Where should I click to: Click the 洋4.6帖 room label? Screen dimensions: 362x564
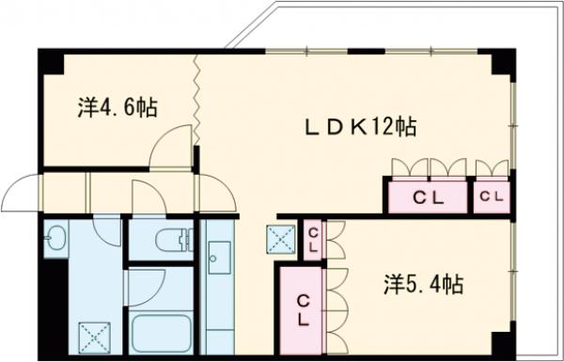coord(117,107)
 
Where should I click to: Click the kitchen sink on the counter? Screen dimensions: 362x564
coord(220,255)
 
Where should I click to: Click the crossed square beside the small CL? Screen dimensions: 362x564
coord(280,240)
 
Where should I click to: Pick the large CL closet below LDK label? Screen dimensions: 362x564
coord(428,197)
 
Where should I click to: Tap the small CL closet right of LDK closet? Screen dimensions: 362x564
coord(491,197)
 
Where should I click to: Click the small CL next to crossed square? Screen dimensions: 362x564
coord(313,240)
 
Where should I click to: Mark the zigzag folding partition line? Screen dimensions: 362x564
coord(197,99)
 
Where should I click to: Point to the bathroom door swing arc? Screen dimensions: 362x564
coord(146,197)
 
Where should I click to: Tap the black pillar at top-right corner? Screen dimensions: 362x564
coord(503,62)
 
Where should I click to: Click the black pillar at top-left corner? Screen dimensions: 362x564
coord(50,60)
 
